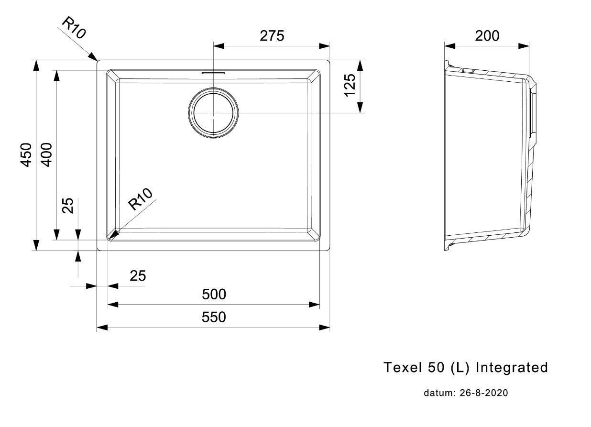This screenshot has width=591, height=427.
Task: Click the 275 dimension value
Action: point(272,36)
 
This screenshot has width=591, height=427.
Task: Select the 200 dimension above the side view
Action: point(487,36)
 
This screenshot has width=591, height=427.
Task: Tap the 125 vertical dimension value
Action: point(350,85)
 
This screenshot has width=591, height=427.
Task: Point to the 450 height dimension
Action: point(26,154)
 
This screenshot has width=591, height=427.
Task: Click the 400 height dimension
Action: point(46,154)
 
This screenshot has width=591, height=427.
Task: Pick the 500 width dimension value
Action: point(213,295)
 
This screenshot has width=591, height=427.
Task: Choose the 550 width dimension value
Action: point(213,317)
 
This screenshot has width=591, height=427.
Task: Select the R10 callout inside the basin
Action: point(141,199)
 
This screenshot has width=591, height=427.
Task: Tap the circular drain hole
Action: point(213,113)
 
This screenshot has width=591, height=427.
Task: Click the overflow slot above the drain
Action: point(213,73)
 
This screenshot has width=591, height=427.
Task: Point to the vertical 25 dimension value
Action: point(68,205)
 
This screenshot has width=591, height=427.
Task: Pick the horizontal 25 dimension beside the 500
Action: point(138,275)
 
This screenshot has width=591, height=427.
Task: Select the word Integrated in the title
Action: point(512,367)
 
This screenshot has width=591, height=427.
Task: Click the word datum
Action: point(438,393)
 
